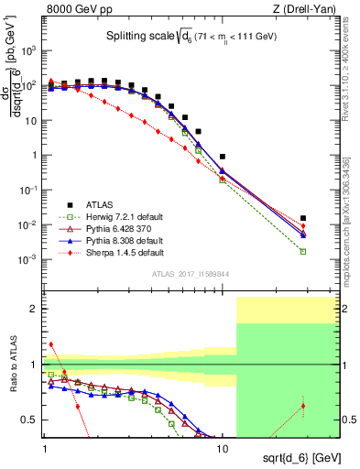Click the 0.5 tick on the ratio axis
click(x=33, y=420)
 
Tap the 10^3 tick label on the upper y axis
click(x=31, y=50)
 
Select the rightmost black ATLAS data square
click(x=303, y=218)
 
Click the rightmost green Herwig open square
click(x=303, y=251)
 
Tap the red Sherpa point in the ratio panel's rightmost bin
click(x=303, y=406)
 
